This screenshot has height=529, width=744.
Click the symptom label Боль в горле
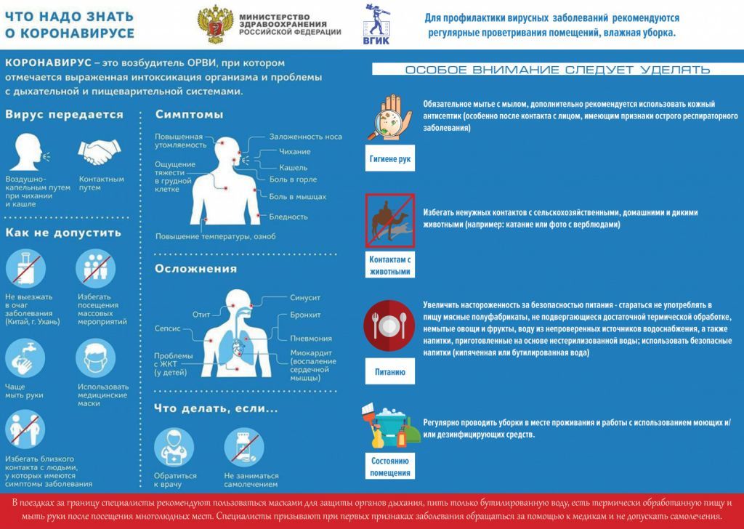[292, 179]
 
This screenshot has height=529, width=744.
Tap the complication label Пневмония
[311, 338]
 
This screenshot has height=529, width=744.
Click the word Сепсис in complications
[168, 328]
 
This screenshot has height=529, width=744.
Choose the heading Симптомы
[189, 115]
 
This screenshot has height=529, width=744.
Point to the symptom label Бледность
[288, 217]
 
